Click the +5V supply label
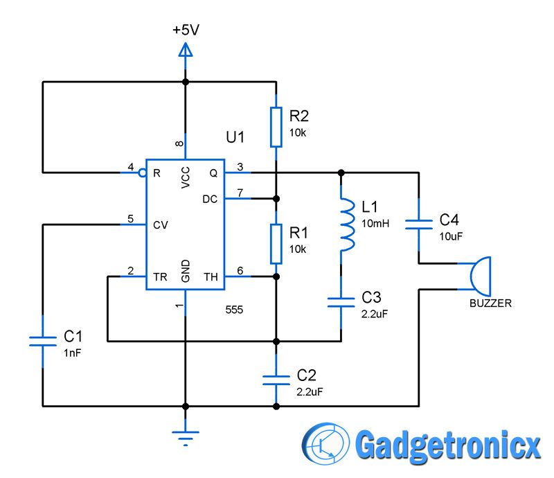tap(185, 30)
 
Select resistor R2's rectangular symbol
tap(276, 127)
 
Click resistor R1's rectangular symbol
tap(276, 243)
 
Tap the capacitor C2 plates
tap(276, 379)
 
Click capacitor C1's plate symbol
tap(43, 339)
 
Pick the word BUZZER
tap(490, 303)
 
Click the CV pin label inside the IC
tap(159, 224)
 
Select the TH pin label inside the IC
tap(211, 276)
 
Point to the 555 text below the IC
tap(234, 309)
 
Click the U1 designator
tap(235, 137)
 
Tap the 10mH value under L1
tap(375, 224)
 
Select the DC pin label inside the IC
tap(210, 199)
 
